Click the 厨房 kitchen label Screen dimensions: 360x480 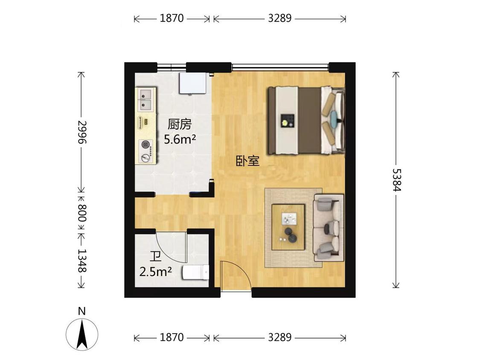pos(179,125)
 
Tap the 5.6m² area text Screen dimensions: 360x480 pos(180,139)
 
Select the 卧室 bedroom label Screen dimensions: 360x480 pos(248,161)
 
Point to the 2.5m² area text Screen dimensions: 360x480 pos(155,271)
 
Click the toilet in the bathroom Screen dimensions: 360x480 pos(196,273)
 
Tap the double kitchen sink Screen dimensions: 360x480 pos(145,99)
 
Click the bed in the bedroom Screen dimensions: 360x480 pos(305,120)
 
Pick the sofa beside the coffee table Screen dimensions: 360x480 pos(329,227)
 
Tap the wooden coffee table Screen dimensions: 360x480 pos(288,227)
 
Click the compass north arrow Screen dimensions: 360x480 pos(82,334)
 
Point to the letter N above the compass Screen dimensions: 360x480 pos(82,311)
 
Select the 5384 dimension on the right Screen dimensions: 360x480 pos(396,180)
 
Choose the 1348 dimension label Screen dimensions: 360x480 pos(81,261)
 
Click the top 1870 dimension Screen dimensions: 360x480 pos(172,18)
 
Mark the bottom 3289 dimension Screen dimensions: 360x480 pos(279,338)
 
